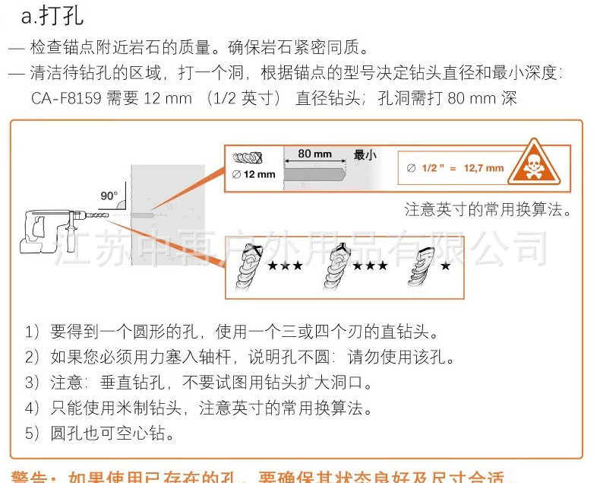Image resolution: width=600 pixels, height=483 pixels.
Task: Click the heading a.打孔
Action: pyautogui.click(x=53, y=15)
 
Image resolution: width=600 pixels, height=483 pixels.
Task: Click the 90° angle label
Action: pyautogui.click(x=109, y=195)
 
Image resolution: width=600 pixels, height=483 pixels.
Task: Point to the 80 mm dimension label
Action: pyautogui.click(x=314, y=154)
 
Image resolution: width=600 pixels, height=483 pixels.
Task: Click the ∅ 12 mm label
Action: pyautogui.click(x=255, y=174)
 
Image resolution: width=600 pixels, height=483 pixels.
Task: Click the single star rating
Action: pyautogui.click(x=445, y=266)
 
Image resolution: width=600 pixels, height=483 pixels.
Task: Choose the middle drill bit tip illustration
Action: pyautogui.click(x=334, y=271)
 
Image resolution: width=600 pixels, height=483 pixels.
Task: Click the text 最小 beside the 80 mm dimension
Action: pyautogui.click(x=365, y=154)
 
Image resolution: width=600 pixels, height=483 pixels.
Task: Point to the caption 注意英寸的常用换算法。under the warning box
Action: pyautogui.click(x=488, y=210)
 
